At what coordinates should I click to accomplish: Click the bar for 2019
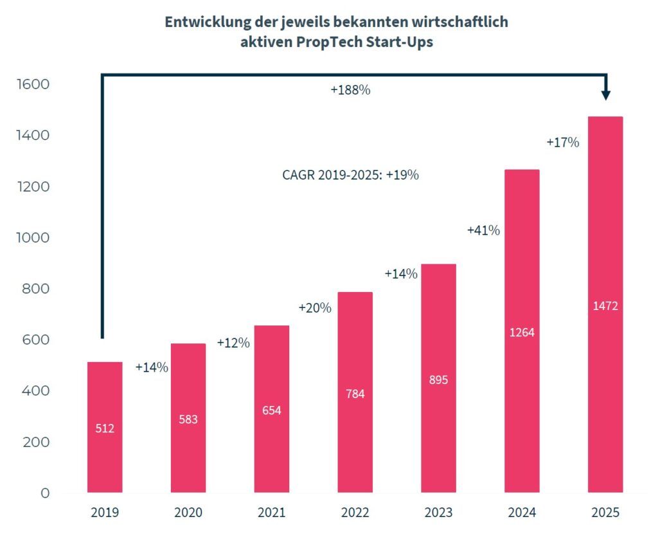pyautogui.click(x=105, y=427)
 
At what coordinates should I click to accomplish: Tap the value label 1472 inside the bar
pyautogui.click(x=605, y=306)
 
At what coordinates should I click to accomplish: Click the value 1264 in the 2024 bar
pyautogui.click(x=522, y=333)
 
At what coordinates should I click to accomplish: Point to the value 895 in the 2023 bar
pyautogui.click(x=438, y=379)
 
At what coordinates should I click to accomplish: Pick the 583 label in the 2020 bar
pyautogui.click(x=188, y=419)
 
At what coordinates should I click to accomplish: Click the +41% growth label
pyautogui.click(x=483, y=230)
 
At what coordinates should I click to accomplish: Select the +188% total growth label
pyautogui.click(x=350, y=91)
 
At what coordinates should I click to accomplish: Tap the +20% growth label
pyautogui.click(x=315, y=308)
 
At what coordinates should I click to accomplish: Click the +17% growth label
pyautogui.click(x=563, y=143)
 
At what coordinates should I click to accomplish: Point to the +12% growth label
pyautogui.click(x=233, y=343)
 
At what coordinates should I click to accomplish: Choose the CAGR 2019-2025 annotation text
pyautogui.click(x=350, y=174)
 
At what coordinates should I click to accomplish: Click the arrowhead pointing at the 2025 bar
pyautogui.click(x=605, y=95)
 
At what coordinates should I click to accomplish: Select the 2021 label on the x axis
pyautogui.click(x=272, y=513)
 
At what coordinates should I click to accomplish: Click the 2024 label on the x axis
pyautogui.click(x=522, y=513)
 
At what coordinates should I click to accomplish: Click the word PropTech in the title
pyautogui.click(x=314, y=43)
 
